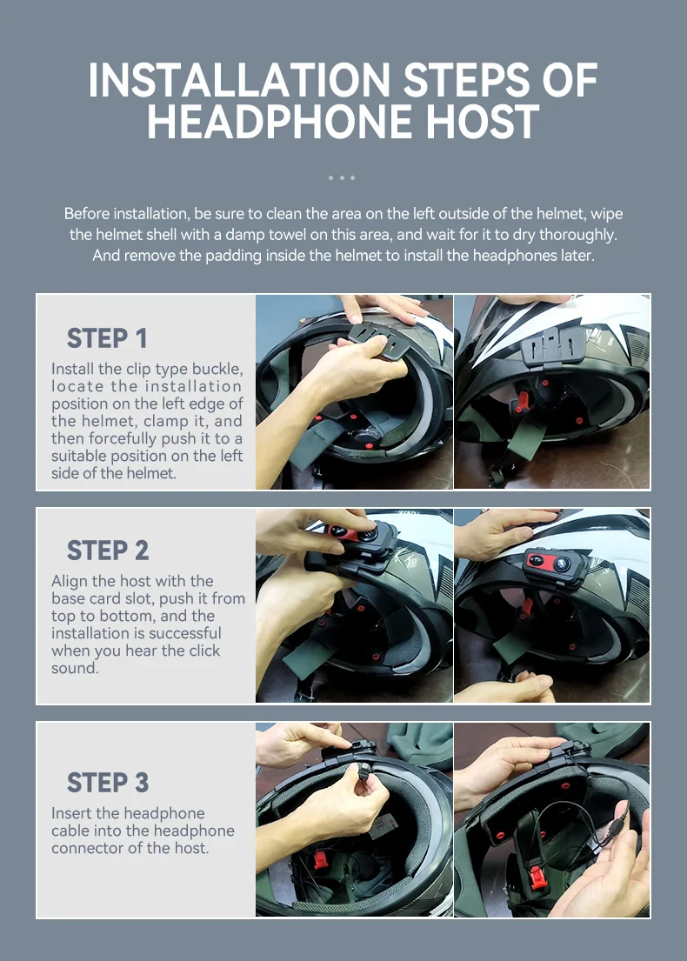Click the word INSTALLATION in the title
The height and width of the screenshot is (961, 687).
coord(239,80)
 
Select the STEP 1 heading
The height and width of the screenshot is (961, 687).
coord(107,338)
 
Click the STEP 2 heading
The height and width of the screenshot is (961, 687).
coord(108,551)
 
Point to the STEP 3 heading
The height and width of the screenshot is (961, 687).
coord(108,783)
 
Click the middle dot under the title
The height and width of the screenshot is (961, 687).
coord(342,177)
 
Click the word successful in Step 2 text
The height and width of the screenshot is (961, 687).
coord(184,633)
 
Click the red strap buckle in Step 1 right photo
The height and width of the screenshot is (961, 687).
coord(522,401)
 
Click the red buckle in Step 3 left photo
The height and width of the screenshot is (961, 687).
coord(321,858)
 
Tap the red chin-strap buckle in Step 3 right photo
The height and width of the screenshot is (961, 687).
coord(538,877)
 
